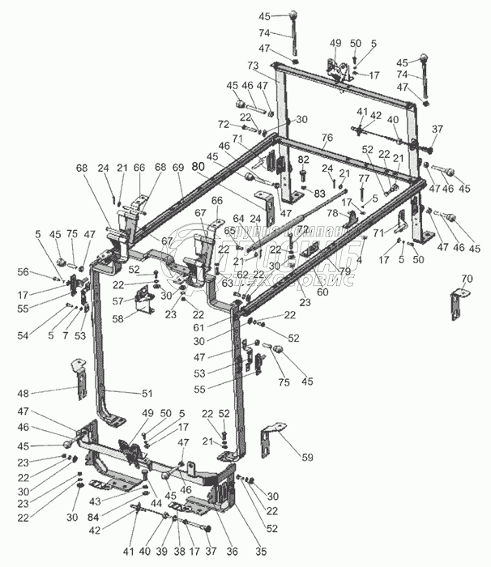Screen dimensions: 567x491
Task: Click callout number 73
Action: pyautogui.click(x=253, y=65)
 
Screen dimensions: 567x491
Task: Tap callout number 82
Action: pyautogui.click(x=303, y=160)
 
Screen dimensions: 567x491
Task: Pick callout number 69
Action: pyautogui.click(x=179, y=167)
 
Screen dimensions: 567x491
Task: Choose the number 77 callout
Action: pyautogui.click(x=364, y=178)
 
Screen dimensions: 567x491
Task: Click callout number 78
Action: pyautogui.click(x=333, y=212)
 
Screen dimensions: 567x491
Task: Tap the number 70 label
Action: pyautogui.click(x=466, y=279)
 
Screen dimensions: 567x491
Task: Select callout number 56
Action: pyautogui.click(x=46, y=271)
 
